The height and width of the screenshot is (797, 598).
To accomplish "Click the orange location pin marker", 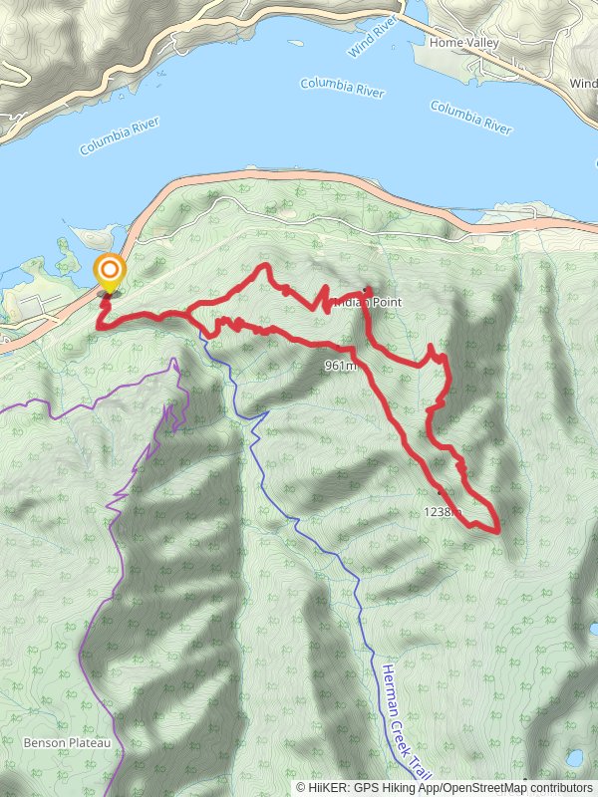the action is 109,272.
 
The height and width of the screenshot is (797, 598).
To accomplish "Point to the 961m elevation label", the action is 340,366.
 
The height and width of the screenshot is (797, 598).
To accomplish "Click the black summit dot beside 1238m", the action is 440,492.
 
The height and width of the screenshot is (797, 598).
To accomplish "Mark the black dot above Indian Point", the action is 367,290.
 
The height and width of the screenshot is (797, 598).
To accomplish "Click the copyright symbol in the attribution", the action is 301,787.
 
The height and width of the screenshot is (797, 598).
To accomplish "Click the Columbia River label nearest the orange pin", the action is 120,143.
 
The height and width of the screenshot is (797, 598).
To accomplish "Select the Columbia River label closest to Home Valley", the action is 470,117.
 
